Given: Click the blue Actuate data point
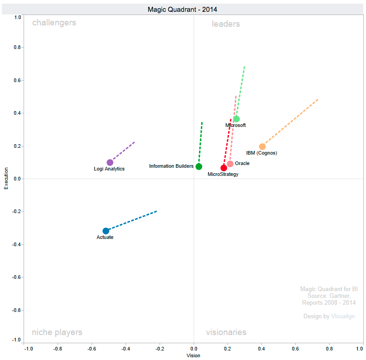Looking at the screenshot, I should click(106, 231).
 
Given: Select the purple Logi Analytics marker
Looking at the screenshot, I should click(110, 162).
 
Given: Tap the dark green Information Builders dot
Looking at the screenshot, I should click(199, 166).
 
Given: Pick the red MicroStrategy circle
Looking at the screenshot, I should click(224, 168).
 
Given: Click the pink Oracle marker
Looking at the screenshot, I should click(230, 164).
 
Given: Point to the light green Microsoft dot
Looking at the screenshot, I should click(236, 119).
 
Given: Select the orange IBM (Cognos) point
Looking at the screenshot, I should click(262, 146).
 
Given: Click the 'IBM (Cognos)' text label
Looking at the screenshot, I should click(261, 153).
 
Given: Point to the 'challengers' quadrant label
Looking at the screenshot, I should click(54, 23).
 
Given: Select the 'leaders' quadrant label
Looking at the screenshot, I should click(225, 24).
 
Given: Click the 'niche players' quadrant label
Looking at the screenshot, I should click(57, 332).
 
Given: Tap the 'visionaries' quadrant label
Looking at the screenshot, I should click(226, 332).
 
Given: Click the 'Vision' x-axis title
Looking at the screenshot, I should click(193, 356).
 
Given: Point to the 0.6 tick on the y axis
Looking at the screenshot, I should click(18, 80).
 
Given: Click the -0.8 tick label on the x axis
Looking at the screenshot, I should click(58, 349).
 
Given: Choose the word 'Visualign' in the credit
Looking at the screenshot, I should click(343, 316).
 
